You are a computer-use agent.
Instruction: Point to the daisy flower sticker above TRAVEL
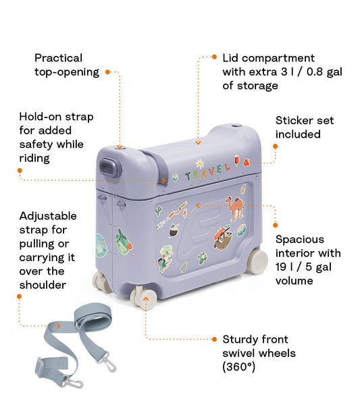(x=199, y=163)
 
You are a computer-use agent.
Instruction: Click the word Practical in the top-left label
(x=59, y=58)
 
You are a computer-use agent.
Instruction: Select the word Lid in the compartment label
(x=231, y=58)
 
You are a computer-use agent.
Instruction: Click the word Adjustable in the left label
(x=48, y=216)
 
